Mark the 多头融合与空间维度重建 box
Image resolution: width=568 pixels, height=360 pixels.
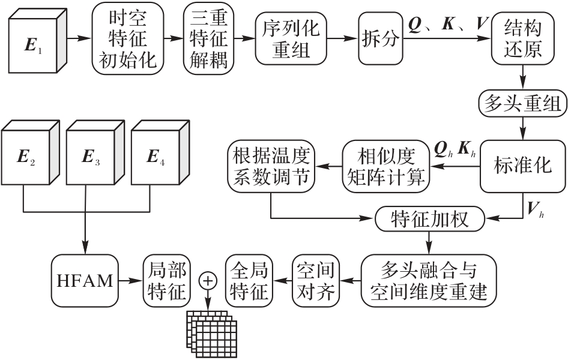coord(429,280)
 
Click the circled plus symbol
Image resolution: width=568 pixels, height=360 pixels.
coord(208,280)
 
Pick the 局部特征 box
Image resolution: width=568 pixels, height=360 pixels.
coord(166,280)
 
